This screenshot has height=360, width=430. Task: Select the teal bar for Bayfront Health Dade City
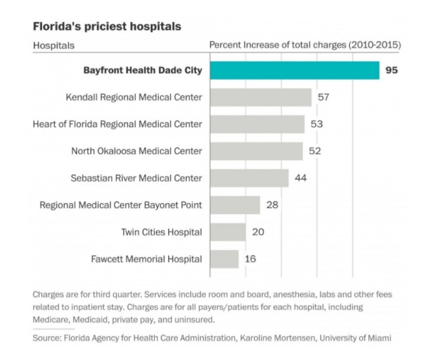[294, 70]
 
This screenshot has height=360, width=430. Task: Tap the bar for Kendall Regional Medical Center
[261, 97]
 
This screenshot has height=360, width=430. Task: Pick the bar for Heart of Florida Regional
[257, 124]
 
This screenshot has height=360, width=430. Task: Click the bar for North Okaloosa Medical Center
[256, 151]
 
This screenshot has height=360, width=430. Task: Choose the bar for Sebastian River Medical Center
[249, 178]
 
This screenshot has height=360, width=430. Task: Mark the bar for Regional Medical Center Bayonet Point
[235, 205]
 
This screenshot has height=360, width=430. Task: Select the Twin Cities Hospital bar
[228, 232]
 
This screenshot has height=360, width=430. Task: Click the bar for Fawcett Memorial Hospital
[224, 259]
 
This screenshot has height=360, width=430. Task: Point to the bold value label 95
[391, 70]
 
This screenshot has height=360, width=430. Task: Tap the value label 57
[323, 97]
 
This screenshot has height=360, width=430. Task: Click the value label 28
[272, 205]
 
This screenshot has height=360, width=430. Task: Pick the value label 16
[251, 259]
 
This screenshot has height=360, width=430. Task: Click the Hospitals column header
[54, 45]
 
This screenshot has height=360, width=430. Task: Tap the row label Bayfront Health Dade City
[143, 70]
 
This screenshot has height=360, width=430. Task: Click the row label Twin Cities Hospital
[161, 232]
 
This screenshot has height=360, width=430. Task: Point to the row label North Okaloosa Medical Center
[136, 151]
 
